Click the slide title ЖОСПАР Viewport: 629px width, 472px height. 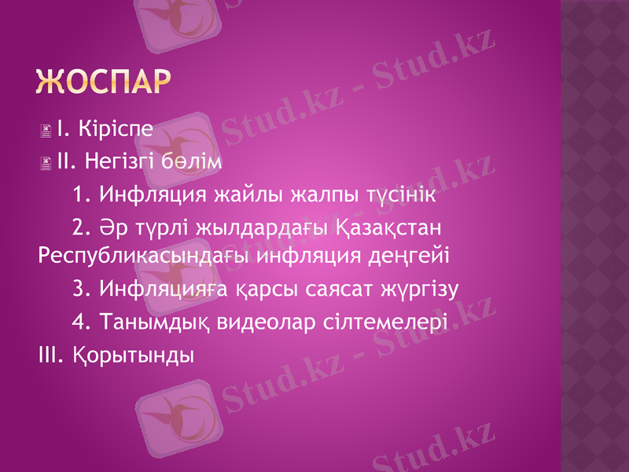tap(104, 81)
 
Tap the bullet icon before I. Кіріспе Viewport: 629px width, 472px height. tap(48, 128)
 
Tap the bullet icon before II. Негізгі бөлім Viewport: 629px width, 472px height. tap(48, 164)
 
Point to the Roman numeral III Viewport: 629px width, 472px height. tap(50, 354)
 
